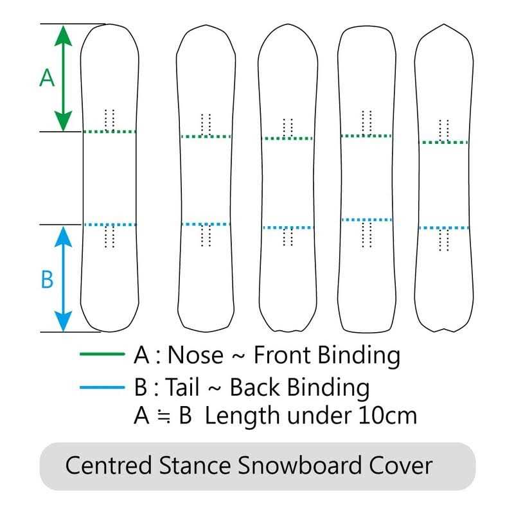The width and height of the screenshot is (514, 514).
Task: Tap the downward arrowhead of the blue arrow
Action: click(x=62, y=321)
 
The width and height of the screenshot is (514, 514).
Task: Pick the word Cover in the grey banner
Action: click(x=402, y=465)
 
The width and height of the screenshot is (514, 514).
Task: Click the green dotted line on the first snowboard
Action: click(x=110, y=132)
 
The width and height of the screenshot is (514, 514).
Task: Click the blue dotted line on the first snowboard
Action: click(x=110, y=224)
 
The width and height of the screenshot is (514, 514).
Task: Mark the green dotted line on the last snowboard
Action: click(x=443, y=142)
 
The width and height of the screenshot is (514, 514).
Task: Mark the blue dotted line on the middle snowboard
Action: click(x=287, y=227)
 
